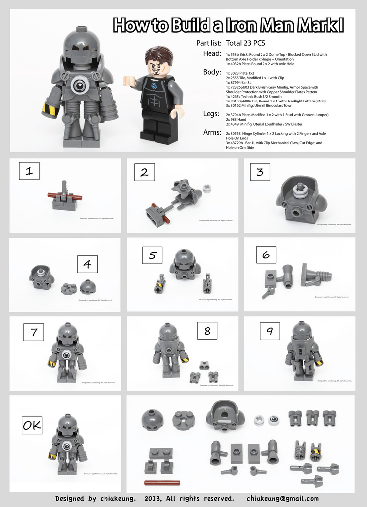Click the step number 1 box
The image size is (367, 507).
tap(29, 171)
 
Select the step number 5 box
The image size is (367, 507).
tap(153, 255)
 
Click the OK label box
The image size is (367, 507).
tap(31, 425)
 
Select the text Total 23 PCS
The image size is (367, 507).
tap(245, 43)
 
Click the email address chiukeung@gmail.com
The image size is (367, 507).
tap(282, 498)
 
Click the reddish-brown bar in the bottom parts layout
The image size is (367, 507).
tap(162, 482)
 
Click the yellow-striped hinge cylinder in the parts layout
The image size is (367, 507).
tap(316, 451)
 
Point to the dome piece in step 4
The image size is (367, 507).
tap(88, 286)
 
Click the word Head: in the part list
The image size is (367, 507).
tap(212, 53)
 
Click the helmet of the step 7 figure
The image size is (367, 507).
tap(67, 333)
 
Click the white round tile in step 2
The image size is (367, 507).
tap(207, 188)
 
